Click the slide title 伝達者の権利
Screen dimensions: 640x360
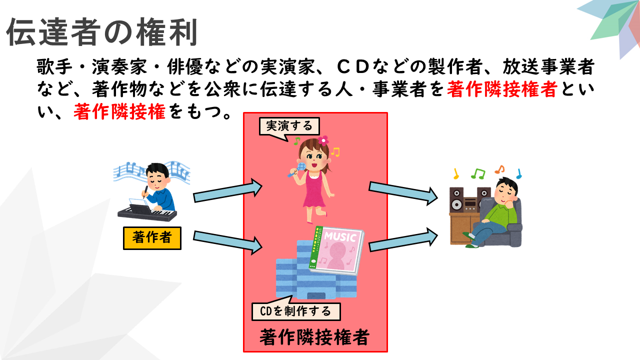102,31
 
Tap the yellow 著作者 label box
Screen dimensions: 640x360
152,238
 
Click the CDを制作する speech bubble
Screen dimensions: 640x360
296,309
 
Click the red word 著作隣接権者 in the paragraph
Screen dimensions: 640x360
502,89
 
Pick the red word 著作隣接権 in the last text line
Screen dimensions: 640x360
119,111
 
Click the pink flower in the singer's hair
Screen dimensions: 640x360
323,140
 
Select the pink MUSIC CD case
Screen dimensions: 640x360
336,250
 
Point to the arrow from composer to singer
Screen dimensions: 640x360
227,190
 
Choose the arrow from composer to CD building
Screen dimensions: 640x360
227,242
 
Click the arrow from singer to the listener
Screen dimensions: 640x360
403,193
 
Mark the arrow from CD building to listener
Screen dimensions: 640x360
403,239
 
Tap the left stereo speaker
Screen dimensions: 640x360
456,199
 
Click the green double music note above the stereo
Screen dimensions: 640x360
478,173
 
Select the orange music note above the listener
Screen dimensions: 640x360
499,169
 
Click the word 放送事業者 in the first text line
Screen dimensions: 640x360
548,66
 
